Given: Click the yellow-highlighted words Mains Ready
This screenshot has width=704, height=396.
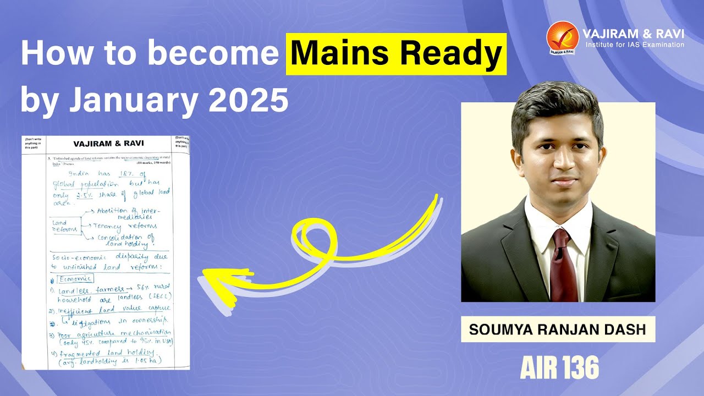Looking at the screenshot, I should click(x=396, y=53).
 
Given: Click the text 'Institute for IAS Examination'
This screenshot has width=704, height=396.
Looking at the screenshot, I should click(x=635, y=45).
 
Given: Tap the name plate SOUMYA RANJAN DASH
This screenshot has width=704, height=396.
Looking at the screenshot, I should click(x=558, y=329).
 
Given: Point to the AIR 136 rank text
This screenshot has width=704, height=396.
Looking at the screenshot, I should click(x=559, y=368).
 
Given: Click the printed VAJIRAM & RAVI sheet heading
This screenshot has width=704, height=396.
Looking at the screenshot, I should click(x=108, y=144).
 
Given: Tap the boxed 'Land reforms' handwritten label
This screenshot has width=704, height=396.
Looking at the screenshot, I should click(x=65, y=226).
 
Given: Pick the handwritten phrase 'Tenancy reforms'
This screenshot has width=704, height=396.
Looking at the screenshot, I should click(x=126, y=226).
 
